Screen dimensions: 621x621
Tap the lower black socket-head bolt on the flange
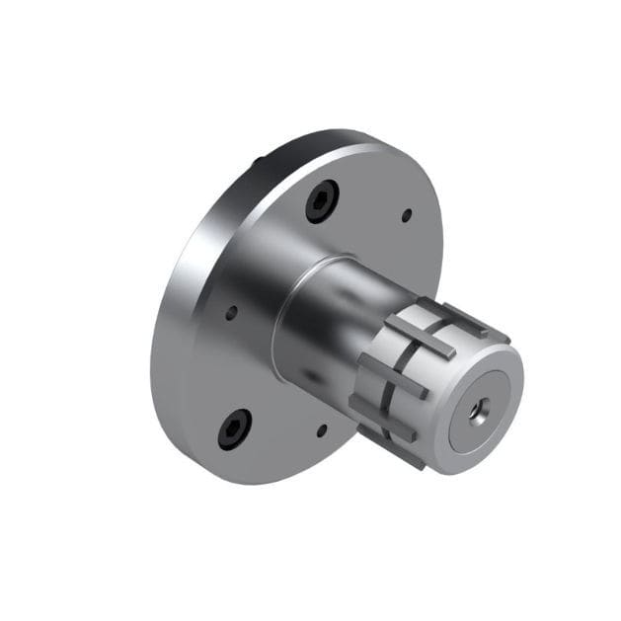click(235, 427)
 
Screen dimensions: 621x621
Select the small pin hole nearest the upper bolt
click(406, 213)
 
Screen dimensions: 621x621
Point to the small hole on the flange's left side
click(231, 313)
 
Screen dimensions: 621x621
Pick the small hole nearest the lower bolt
click(321, 430)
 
